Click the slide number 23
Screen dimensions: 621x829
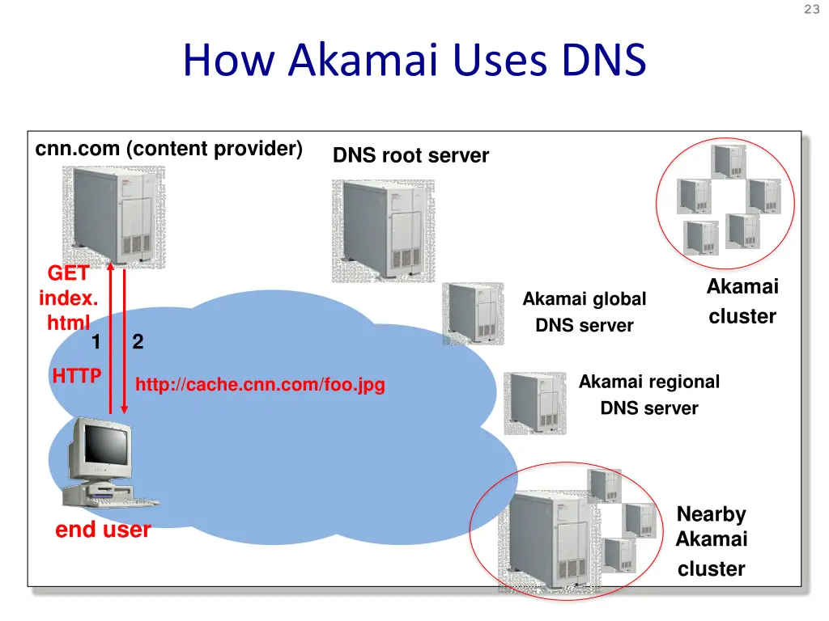pos(812,10)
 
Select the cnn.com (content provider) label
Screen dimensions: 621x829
pos(169,150)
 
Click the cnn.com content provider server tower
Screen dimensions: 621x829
pos(113,216)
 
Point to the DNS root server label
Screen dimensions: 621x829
pos(410,156)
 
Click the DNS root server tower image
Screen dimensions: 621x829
pos(382,230)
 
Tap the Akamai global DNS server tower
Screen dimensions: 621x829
pos(473,313)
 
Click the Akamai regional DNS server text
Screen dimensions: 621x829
pos(649,395)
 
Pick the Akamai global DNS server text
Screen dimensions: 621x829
pos(585,312)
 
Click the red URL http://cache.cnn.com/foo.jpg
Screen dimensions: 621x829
pos(260,385)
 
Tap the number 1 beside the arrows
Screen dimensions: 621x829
pos(96,342)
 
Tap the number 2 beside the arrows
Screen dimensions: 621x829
pos(138,342)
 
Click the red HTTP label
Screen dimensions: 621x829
pos(77,375)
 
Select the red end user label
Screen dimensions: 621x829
pos(103,530)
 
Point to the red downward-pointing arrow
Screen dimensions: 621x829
pos(124,340)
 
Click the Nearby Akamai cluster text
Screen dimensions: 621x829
pos(711,541)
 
